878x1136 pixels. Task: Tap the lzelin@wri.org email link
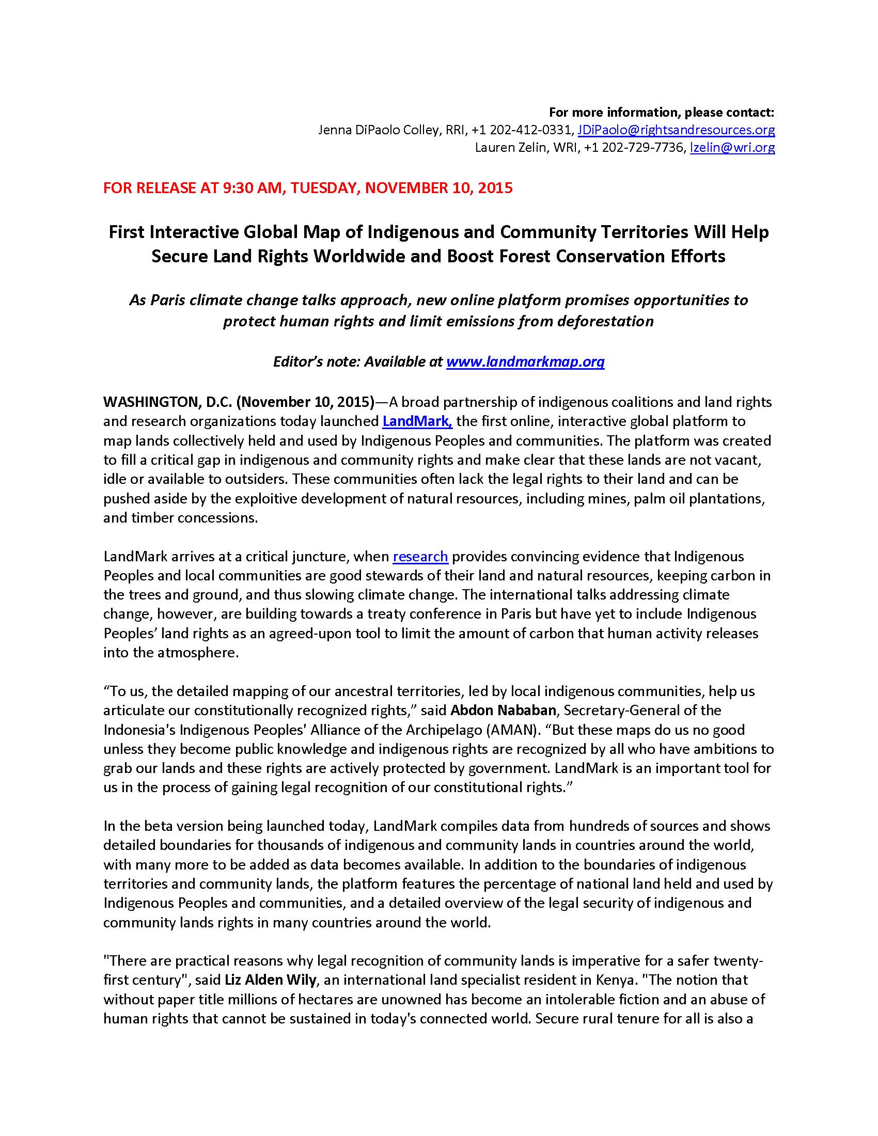(x=732, y=148)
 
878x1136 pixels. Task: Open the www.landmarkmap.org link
(x=525, y=362)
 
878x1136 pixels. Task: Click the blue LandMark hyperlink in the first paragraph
(x=417, y=421)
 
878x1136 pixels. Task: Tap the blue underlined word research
(x=420, y=557)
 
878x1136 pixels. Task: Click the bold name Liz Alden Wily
(x=271, y=980)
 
